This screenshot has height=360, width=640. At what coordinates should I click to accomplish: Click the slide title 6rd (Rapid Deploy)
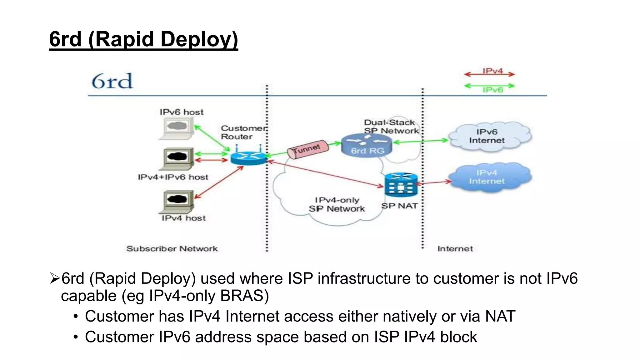tap(143, 39)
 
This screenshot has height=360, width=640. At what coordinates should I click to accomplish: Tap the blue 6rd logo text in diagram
tap(112, 81)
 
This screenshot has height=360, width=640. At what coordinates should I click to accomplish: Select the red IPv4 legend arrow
tap(489, 74)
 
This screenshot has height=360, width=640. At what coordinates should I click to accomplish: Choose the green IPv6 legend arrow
tap(489, 86)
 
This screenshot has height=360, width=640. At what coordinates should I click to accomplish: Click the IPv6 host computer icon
tap(177, 128)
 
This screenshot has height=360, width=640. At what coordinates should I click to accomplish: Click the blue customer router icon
tap(248, 157)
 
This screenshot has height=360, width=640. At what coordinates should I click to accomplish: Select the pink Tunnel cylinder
tap(308, 150)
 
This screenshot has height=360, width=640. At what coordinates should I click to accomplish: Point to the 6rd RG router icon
tap(367, 146)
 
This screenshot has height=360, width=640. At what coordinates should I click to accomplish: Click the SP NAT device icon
tap(401, 185)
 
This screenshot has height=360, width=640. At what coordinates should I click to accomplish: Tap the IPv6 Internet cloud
tap(489, 137)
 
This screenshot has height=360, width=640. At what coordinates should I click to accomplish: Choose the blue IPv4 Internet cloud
tap(489, 177)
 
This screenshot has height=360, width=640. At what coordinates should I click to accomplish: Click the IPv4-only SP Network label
tap(337, 204)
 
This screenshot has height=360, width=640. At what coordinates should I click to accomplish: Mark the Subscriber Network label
tap(172, 249)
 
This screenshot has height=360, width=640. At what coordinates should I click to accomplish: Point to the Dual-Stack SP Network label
tap(391, 127)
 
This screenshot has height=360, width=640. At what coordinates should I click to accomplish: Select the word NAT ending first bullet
tap(500, 316)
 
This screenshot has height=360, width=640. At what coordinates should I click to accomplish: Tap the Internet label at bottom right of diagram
tap(455, 249)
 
